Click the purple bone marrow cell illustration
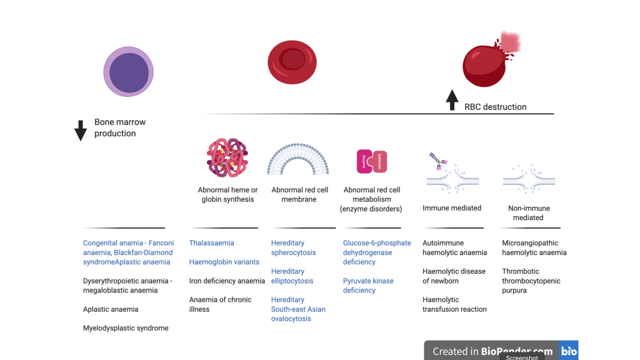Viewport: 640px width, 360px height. pos(128,72)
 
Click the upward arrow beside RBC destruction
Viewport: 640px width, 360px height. pos(452,101)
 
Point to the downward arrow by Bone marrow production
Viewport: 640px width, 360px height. pos(81,130)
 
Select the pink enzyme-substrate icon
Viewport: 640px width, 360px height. pos(372,161)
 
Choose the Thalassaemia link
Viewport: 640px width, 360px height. pos(211,243)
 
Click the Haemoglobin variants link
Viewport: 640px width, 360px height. pos(224,262)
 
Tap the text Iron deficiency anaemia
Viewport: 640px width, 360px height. pos(227,281)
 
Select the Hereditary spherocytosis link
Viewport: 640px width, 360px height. pos(293,248)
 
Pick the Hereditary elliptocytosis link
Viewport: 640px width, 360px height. pos(292,276)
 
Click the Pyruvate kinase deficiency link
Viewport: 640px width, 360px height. pos(368,286)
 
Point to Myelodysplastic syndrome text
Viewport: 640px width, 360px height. pos(126,328)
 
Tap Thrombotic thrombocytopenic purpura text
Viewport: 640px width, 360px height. pos(531,281)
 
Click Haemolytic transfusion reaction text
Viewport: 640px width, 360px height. pos(454,304)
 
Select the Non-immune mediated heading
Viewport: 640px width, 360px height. pos(528,213)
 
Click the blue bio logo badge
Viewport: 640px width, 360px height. pos(569,351)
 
